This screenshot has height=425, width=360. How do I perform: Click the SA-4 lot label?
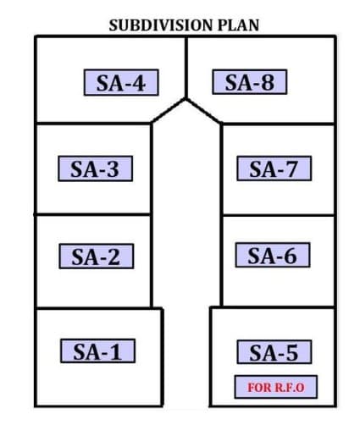click(121, 82)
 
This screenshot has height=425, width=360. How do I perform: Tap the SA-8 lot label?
click(250, 82)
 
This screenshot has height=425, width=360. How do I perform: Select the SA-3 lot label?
click(96, 168)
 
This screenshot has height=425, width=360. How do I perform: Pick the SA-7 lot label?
click(274, 168)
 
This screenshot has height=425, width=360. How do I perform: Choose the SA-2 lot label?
click(97, 257)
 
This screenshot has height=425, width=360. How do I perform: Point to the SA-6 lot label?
click(273, 255)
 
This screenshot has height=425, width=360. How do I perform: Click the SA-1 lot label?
click(97, 350)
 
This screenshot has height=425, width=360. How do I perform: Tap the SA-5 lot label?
click(274, 352)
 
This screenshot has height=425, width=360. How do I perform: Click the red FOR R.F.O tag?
click(276, 387)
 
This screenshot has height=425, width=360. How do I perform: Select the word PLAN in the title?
click(238, 25)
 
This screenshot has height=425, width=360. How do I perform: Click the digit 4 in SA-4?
click(139, 83)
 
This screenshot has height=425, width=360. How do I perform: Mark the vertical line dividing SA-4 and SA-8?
click(186, 68)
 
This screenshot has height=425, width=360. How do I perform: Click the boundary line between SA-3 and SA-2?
click(92, 215)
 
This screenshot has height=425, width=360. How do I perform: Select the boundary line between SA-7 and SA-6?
click(279, 215)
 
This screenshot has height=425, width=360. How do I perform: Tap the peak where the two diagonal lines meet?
click(186, 99)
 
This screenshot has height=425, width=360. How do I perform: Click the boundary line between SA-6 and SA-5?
click(273, 306)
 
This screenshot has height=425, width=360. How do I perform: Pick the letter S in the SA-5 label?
click(256, 352)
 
